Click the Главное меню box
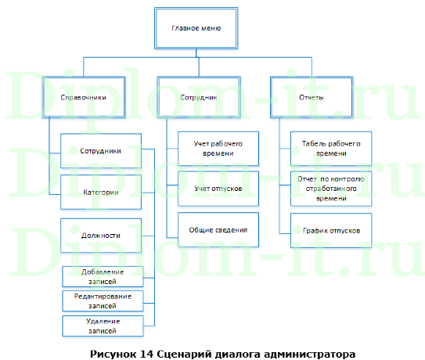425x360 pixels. pos(196,29)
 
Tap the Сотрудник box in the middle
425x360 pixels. pos(196,98)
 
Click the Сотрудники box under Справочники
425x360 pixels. pos(101,150)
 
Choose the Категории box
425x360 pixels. pos(101,193)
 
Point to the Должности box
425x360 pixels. pos(101,235)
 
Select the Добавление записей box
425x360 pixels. pos(103,276)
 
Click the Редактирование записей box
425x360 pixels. pos(103,301)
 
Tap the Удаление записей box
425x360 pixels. pos(103,326)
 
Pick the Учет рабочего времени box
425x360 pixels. pos(218,149)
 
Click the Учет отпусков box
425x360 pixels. pos(218,189)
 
